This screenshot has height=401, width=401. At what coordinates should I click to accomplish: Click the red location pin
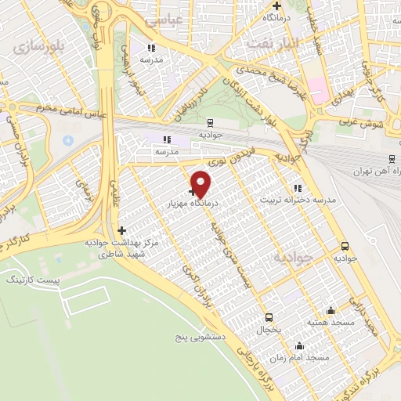pos(202,183)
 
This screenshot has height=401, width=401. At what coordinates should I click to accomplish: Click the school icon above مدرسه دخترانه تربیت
pos(297,188)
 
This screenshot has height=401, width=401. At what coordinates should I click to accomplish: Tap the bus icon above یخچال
pos(269,317)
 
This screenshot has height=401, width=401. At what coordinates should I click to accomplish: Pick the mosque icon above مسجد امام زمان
pos(298,345)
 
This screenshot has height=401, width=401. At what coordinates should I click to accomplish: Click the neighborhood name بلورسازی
pos(36,46)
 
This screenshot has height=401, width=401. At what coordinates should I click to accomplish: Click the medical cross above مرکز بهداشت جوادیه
pos(121,230)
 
